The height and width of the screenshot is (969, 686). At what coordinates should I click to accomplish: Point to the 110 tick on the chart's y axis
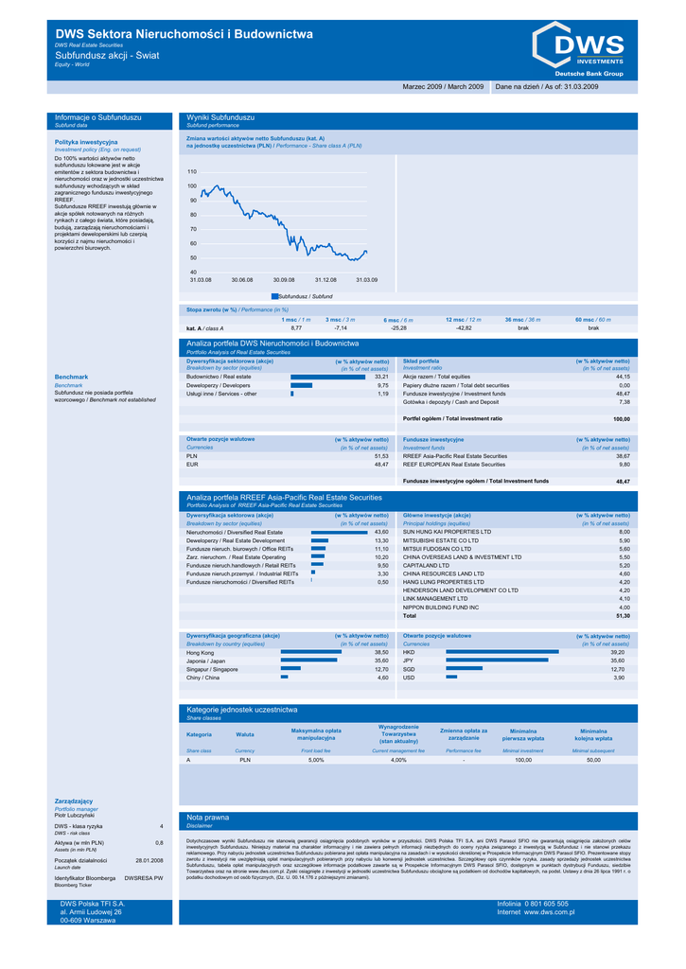click(192, 172)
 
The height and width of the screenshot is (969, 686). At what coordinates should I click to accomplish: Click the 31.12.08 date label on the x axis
click(325, 280)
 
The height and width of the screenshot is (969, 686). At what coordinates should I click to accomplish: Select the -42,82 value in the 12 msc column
click(464, 327)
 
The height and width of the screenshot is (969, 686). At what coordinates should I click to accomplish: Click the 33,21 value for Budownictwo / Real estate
click(381, 377)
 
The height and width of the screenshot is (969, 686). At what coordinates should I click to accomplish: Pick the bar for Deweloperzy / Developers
click(301, 385)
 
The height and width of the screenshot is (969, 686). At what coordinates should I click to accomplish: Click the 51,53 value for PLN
click(381, 456)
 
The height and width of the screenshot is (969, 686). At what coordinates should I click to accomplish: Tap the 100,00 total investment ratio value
click(621, 418)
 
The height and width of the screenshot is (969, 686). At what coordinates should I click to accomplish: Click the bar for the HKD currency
click(501, 652)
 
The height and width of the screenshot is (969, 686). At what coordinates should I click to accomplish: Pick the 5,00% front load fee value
click(316, 760)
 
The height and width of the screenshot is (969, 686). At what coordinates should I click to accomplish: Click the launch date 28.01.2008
click(150, 860)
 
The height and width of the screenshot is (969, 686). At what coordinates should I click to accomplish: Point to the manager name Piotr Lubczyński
click(77, 815)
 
